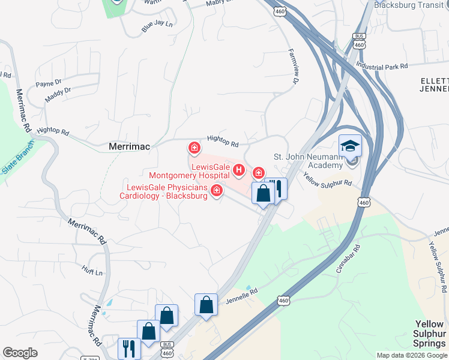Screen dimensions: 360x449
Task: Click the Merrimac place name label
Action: click(x=129, y=146)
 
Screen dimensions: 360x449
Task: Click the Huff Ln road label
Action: click(x=91, y=272)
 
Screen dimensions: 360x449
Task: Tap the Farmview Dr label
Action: click(x=294, y=65)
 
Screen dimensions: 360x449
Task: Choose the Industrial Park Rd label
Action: click(x=382, y=64)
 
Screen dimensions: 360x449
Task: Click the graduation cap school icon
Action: click(x=350, y=146)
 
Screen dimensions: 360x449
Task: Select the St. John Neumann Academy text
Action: click(x=312, y=161)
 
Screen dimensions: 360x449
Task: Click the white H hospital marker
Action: click(x=239, y=171)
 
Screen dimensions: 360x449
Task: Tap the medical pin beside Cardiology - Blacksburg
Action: click(x=216, y=191)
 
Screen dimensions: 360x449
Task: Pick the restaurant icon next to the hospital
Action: click(x=276, y=188)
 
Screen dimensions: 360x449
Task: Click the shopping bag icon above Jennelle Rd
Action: click(x=206, y=304)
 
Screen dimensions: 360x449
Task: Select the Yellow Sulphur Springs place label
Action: click(x=430, y=334)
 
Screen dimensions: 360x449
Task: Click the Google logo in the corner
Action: click(x=20, y=353)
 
